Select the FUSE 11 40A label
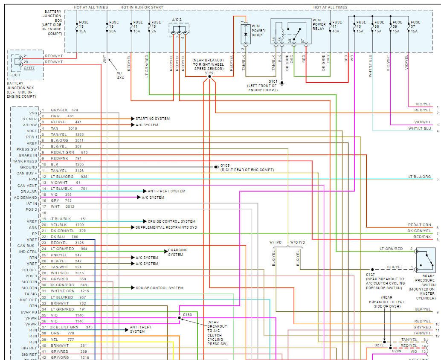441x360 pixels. pyautogui.click(x=337, y=26)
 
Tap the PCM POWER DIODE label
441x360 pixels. pyautogui.click(x=258, y=31)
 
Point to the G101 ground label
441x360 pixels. pyautogui.click(x=273, y=81)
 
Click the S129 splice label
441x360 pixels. pyautogui.click(x=209, y=73)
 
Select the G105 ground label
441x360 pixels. pyautogui.click(x=225, y=165)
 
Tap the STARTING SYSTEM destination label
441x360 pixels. pyautogui.click(x=152, y=119)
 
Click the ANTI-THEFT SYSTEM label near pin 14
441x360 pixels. pyautogui.click(x=166, y=191)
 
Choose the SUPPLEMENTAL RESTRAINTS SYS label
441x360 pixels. pyautogui.click(x=166, y=227)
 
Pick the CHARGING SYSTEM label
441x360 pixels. pyautogui.click(x=177, y=253)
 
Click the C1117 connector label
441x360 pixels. pyautogui.click(x=29, y=67)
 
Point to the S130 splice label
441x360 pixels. pyautogui.click(x=188, y=315)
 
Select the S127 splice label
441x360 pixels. pyautogui.click(x=370, y=274)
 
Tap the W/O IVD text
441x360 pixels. pyautogui.click(x=298, y=242)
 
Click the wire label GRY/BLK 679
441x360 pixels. pyautogui.click(x=64, y=110)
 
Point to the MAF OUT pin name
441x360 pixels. pyautogui.click(x=29, y=300)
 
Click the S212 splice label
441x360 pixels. pyautogui.click(x=379, y=345)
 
